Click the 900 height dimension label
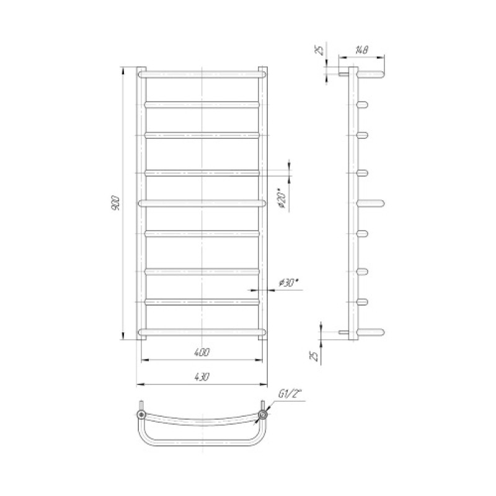(x=116, y=203)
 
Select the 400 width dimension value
(x=202, y=352)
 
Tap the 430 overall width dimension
(x=202, y=377)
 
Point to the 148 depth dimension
(x=361, y=50)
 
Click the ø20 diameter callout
(x=282, y=198)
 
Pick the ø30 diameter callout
(x=288, y=283)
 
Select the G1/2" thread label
(x=290, y=394)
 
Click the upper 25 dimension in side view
(x=321, y=50)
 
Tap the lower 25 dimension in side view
(x=315, y=356)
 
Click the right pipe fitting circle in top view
(x=262, y=414)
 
